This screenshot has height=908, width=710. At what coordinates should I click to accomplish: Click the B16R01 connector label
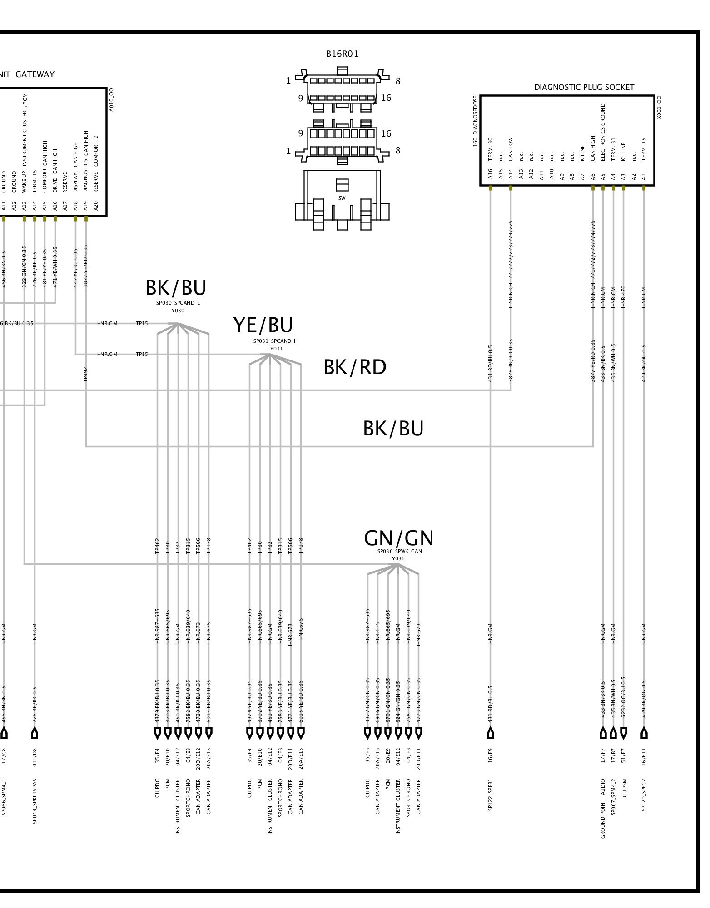click(342, 54)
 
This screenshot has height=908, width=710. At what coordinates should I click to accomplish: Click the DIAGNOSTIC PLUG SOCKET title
click(584, 87)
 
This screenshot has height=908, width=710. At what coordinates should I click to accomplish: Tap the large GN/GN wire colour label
click(398, 538)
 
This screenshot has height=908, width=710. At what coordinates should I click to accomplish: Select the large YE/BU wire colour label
click(263, 325)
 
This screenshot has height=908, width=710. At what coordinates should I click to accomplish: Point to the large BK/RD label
click(355, 367)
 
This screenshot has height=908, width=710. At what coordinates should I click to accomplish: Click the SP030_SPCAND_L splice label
click(178, 303)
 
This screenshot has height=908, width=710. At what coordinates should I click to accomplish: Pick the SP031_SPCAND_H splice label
click(275, 341)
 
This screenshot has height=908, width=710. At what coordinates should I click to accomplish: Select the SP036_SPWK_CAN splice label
click(399, 551)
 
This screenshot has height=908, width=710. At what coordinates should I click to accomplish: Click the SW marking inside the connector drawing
click(342, 198)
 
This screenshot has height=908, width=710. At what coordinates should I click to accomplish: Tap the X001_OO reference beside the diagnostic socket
click(659, 107)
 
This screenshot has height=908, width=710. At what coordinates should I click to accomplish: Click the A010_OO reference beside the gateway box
click(112, 99)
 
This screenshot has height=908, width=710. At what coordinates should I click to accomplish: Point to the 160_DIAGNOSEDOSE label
click(475, 121)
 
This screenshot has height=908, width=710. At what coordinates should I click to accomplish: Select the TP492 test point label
click(85, 374)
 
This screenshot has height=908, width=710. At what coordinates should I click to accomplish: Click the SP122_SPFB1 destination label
click(490, 794)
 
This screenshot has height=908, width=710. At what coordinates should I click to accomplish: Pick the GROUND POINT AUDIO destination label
click(603, 808)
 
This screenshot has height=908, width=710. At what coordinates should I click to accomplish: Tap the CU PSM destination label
click(624, 790)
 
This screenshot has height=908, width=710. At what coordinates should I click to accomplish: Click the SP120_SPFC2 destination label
click(644, 794)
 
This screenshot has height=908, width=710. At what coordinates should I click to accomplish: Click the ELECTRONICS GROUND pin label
click(603, 132)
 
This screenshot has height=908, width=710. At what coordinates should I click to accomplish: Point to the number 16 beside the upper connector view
click(386, 98)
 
